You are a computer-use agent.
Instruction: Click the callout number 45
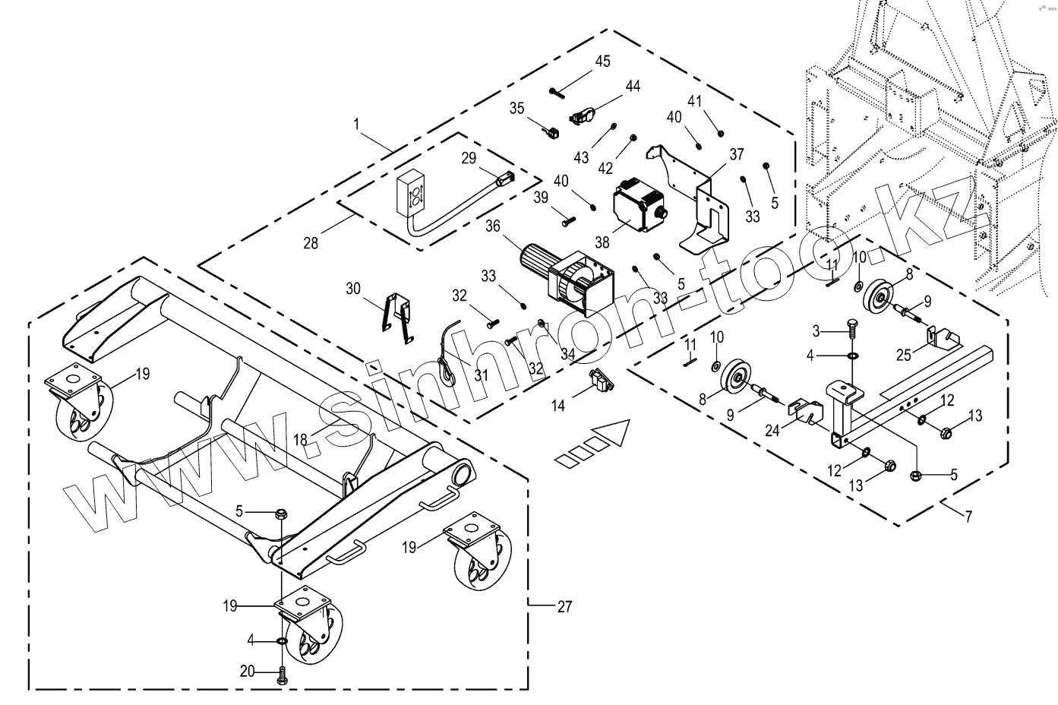point(602,62)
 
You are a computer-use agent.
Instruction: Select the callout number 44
point(633,86)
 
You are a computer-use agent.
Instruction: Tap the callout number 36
point(493,226)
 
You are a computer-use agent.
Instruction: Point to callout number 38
point(602,243)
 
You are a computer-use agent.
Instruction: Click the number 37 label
point(736,154)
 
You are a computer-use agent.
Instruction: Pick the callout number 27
point(564,606)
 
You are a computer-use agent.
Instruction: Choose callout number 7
point(968,517)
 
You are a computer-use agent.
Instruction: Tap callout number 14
point(558,405)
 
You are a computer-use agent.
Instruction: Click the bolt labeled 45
point(557,93)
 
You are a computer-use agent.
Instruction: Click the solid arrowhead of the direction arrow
point(614,435)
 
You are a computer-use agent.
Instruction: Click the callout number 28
point(311,243)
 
